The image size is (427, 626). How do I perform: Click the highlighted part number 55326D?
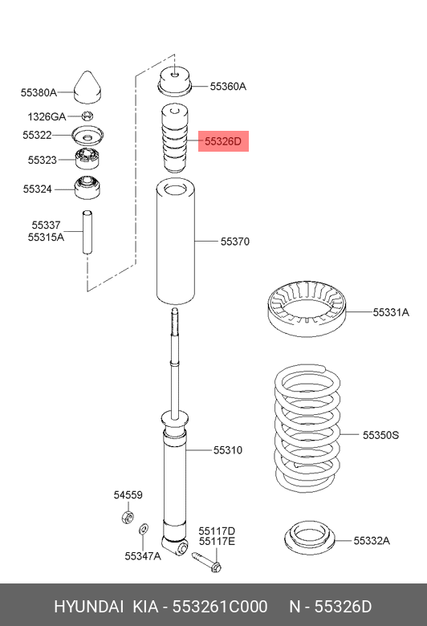[x=223, y=141]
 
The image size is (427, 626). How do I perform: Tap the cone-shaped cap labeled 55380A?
[x=87, y=87]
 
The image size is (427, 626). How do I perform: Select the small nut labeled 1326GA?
[x=87, y=116]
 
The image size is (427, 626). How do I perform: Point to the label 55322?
[x=37, y=135]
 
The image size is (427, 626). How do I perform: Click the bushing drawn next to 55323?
[x=87, y=158]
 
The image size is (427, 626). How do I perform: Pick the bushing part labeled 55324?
[x=87, y=188]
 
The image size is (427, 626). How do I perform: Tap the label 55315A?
[x=46, y=237]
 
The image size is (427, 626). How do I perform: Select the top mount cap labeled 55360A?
[x=175, y=81]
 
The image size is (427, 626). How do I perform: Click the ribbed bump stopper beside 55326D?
[x=174, y=139]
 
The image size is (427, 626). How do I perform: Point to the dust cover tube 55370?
[x=175, y=242]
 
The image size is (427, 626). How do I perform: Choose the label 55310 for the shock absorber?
[x=228, y=450]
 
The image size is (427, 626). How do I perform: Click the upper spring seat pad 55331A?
[x=307, y=308]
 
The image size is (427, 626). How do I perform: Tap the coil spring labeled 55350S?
[x=307, y=428]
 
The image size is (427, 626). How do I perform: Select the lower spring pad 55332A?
[x=310, y=538]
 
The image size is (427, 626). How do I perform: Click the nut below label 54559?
[x=127, y=517]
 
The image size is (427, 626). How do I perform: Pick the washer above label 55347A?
[x=144, y=530]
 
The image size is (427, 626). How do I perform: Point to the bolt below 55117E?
[x=206, y=561]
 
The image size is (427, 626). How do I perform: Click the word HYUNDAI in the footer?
[x=88, y=607]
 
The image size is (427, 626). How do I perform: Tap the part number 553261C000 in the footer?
[x=220, y=607]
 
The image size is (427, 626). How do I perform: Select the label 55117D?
[x=217, y=531]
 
